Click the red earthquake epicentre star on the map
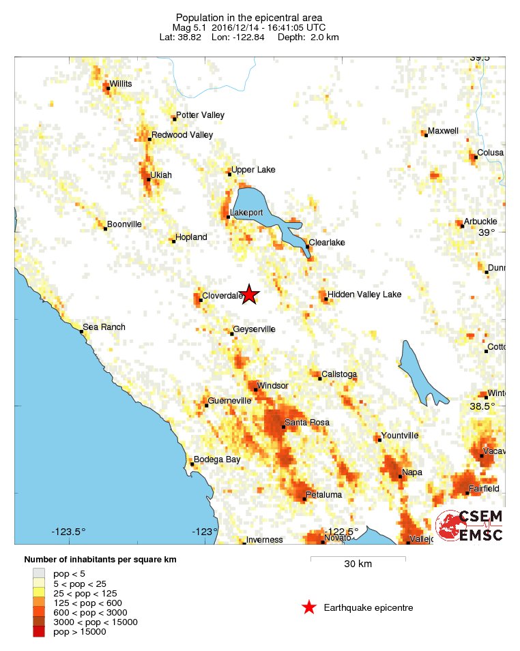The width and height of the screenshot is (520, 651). pyautogui.click(x=250, y=294)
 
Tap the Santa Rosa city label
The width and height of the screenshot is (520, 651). pyautogui.click(x=306, y=423)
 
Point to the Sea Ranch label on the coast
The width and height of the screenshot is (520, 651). pyautogui.click(x=104, y=327)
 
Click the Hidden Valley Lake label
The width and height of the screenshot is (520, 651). pyautogui.click(x=364, y=294)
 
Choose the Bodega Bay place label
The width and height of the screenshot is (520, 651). pyautogui.click(x=217, y=459)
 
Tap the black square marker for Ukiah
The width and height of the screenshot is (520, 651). pyautogui.click(x=148, y=179)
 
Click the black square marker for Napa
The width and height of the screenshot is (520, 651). pyautogui.click(x=401, y=476)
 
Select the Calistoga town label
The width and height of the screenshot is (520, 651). pyautogui.click(x=339, y=374)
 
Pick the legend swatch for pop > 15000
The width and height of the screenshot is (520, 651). pyautogui.click(x=39, y=632)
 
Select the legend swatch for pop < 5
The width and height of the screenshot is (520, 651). pyautogui.click(x=39, y=574)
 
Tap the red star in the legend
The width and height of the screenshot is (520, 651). pyautogui.click(x=308, y=607)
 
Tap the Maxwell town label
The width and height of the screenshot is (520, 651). pyautogui.click(x=443, y=131)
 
